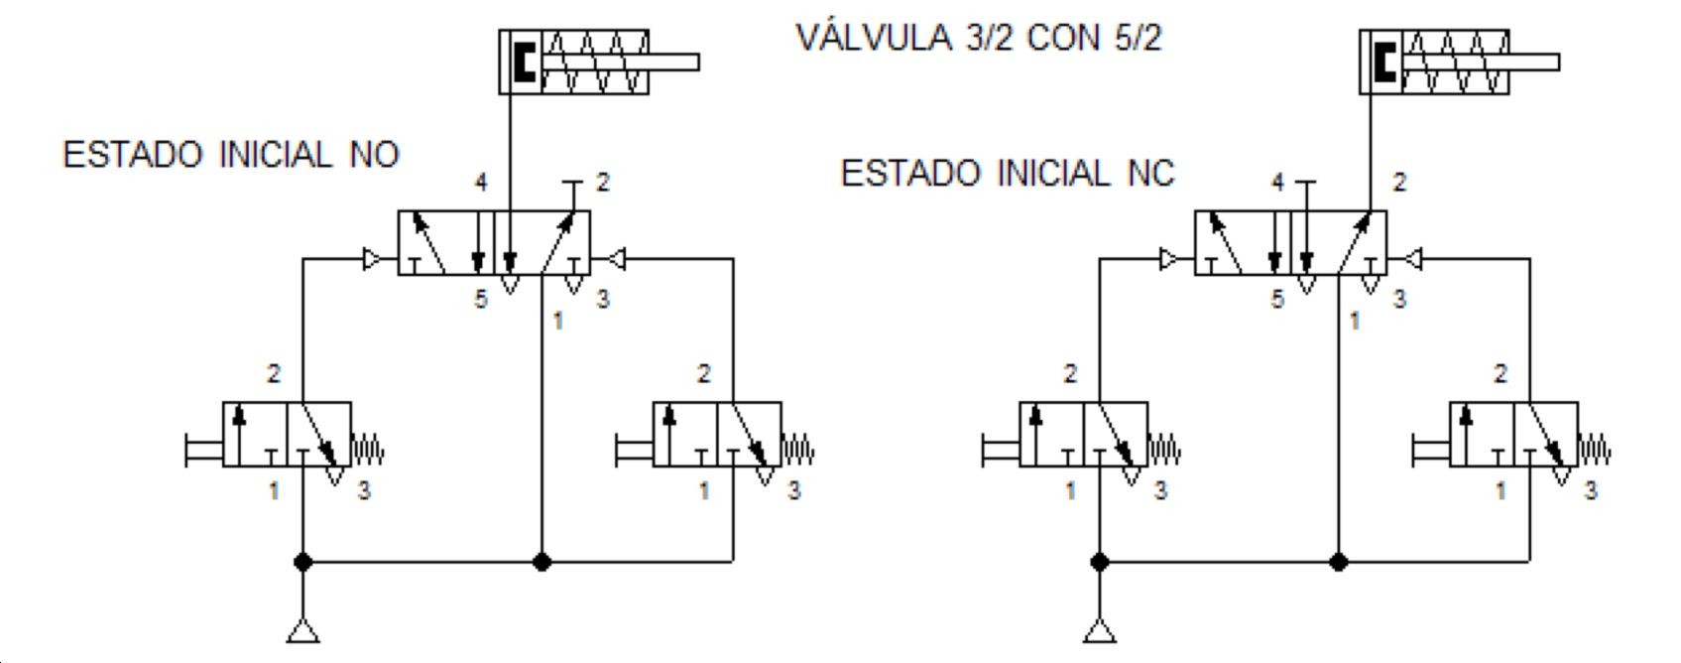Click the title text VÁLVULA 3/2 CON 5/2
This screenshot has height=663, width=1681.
point(979,38)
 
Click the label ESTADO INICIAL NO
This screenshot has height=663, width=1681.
point(231,155)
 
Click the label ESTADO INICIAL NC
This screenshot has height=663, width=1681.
point(1007,174)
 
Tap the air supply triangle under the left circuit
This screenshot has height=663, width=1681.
point(303,631)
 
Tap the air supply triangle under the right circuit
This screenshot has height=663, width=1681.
point(1100,631)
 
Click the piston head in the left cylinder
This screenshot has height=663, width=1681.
point(525,62)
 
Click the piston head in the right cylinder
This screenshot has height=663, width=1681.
point(1385,62)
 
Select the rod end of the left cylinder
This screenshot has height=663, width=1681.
point(698,63)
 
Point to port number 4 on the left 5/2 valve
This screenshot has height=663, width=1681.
point(481,182)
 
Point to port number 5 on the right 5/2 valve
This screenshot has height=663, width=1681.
point(1277,300)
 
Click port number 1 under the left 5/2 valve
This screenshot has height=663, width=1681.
point(557,322)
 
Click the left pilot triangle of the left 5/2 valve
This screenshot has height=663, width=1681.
point(372,260)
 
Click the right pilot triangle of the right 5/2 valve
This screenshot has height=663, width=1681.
point(1413,260)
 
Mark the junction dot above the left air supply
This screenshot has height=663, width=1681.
point(303,562)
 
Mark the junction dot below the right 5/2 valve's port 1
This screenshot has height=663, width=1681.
point(1339,562)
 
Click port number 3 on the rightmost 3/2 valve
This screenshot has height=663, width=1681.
point(1590,491)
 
